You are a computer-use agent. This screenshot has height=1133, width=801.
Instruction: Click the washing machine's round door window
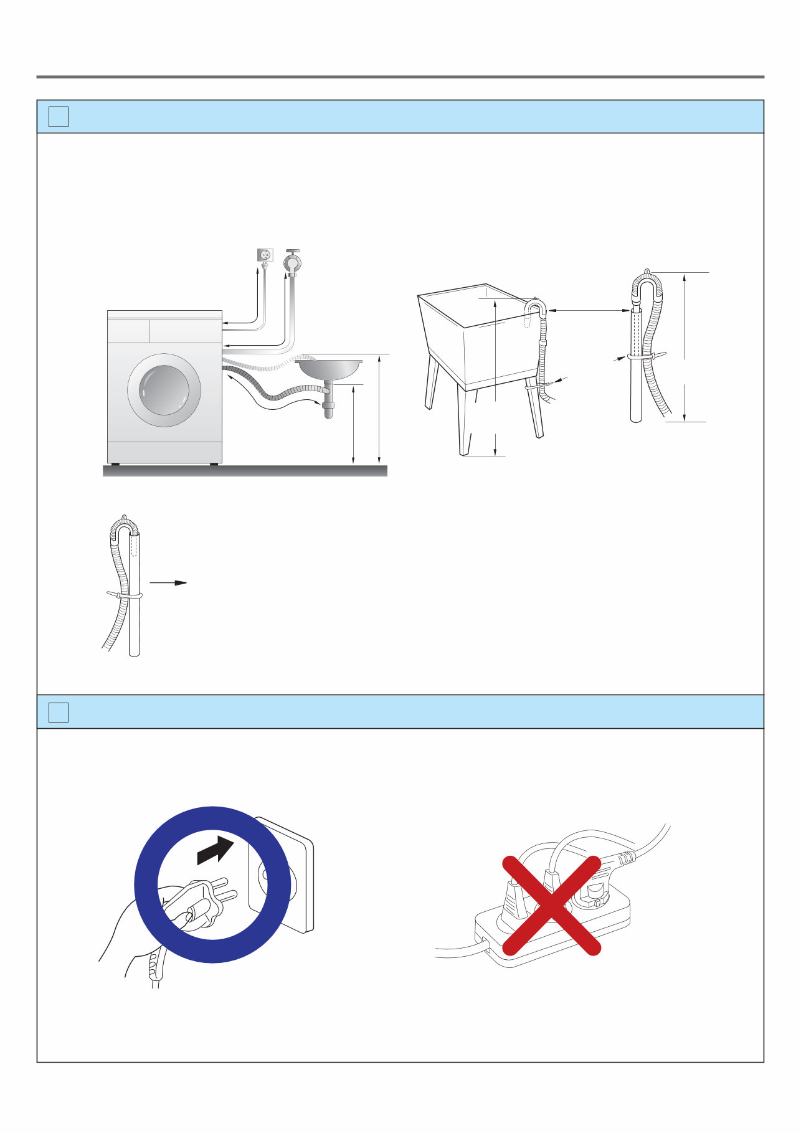(164, 391)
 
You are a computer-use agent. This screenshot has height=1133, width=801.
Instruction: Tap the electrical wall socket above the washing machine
(265, 255)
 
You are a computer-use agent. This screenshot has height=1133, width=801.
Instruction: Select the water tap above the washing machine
(292, 262)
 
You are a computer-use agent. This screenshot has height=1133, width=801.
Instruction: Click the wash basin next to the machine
(329, 368)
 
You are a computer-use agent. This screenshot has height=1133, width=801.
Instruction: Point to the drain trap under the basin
(328, 405)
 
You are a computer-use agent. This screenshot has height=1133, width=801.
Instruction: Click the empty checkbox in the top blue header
(59, 116)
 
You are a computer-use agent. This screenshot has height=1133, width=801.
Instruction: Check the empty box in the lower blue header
(59, 712)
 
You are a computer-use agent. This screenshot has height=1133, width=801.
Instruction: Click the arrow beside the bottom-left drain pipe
(168, 583)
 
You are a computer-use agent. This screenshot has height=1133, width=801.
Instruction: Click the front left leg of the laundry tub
(464, 424)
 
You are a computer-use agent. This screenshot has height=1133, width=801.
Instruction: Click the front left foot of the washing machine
(116, 464)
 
